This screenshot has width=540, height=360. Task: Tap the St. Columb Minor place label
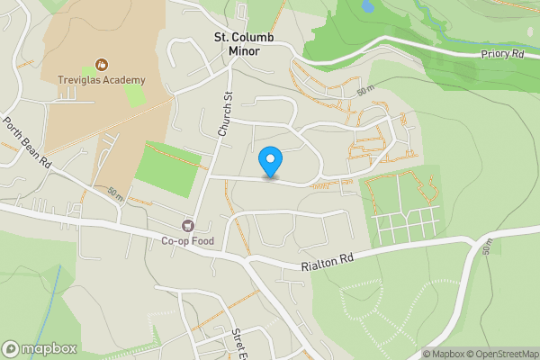click(237, 44)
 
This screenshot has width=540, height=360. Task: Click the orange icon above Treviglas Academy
click(100, 66)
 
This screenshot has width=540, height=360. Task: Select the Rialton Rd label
click(327, 263)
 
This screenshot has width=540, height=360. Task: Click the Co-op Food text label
click(187, 240)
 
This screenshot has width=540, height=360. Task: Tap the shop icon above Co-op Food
click(187, 226)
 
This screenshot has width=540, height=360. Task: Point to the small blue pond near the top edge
click(367, 5)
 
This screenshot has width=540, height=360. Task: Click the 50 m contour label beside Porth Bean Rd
click(115, 193)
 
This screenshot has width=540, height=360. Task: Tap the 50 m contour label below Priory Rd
click(364, 92)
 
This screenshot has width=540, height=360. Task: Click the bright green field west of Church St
click(167, 168)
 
